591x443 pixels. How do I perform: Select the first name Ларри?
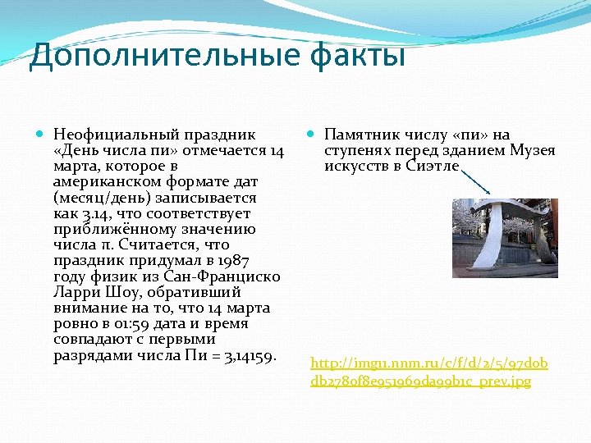click(x=75, y=292)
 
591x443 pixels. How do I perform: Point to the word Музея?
click(x=533, y=150)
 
